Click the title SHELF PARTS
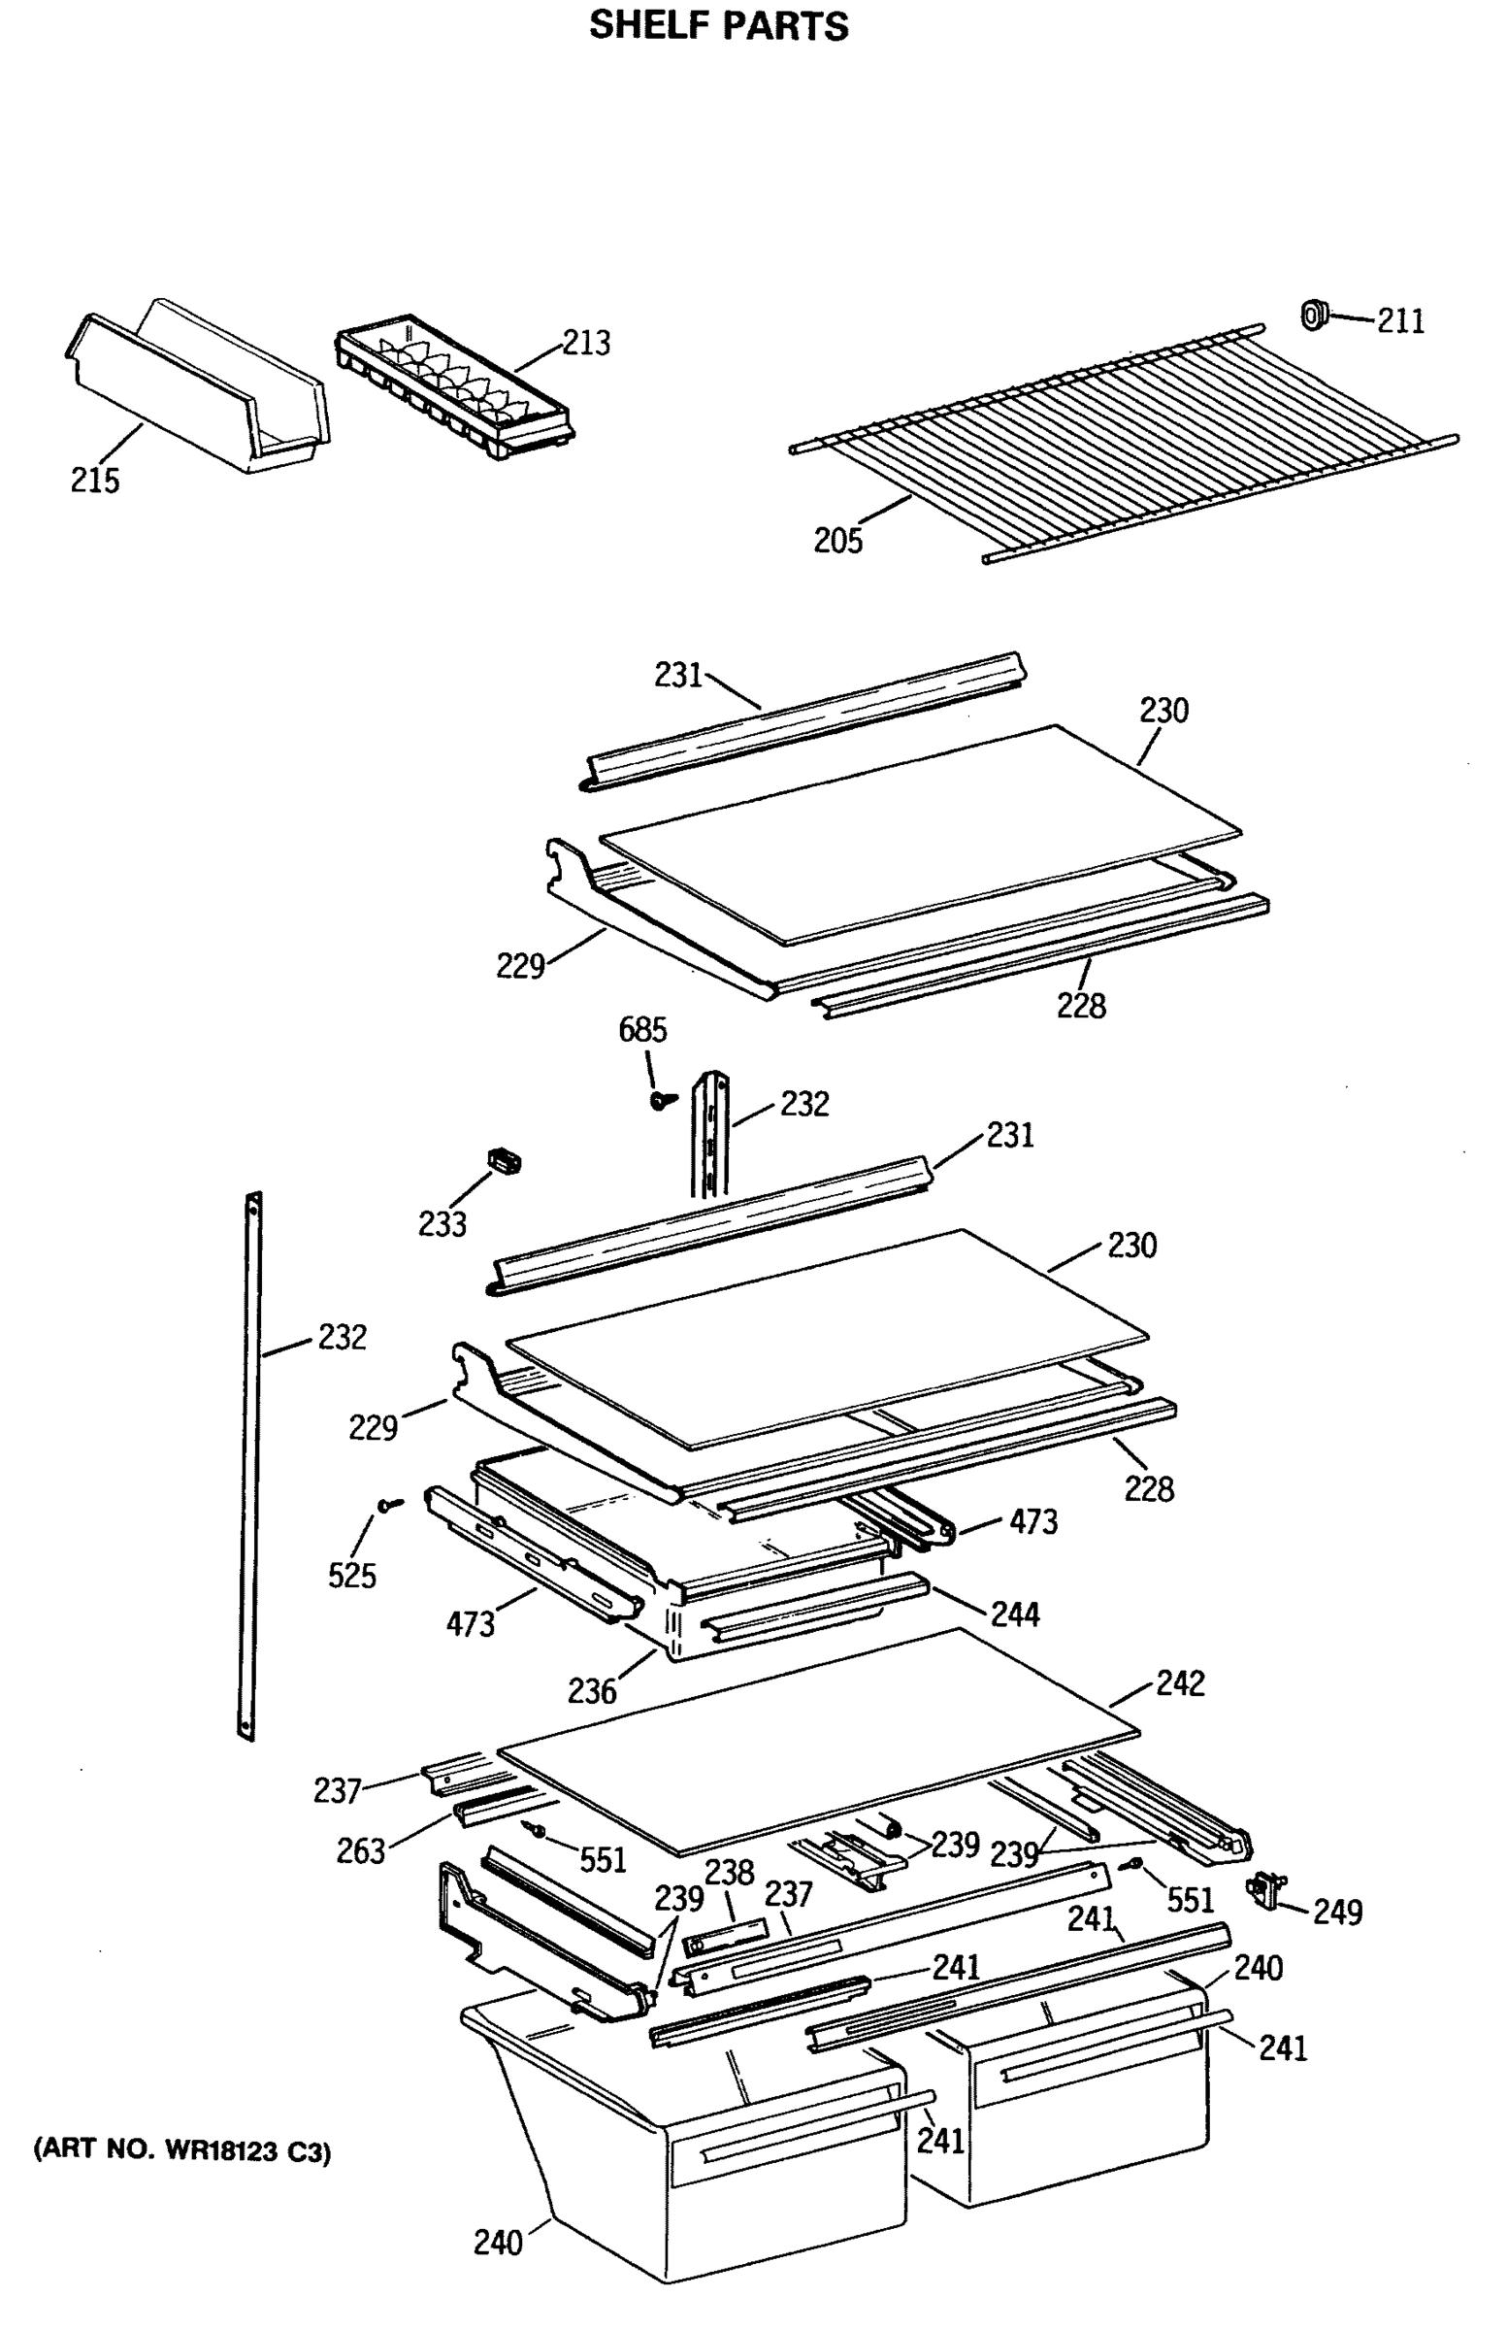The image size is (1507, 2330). click(718, 25)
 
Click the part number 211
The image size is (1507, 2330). click(1400, 321)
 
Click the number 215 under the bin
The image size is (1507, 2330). click(95, 480)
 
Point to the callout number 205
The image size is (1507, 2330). click(837, 541)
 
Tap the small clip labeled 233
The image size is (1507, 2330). click(504, 1161)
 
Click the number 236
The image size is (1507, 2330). click(592, 1691)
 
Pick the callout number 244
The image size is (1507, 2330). click(1015, 1614)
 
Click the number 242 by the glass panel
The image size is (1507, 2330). click(1180, 1682)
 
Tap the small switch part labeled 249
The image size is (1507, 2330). click(1266, 1888)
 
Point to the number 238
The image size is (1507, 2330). click(729, 1872)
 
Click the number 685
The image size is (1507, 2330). click(642, 1030)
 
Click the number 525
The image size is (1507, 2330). click(352, 1576)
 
